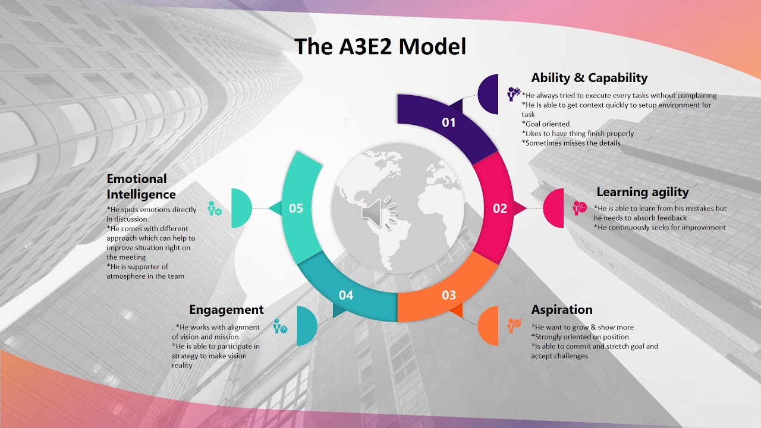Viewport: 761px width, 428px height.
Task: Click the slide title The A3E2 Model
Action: point(380,46)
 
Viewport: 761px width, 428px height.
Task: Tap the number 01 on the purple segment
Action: point(449,122)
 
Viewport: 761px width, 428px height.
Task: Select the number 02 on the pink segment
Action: point(500,208)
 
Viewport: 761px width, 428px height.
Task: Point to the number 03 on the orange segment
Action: point(449,295)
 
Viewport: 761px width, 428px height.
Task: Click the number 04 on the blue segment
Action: point(346,295)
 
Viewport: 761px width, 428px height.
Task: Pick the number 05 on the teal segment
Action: point(295,208)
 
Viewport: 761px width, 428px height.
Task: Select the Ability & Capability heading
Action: point(589,78)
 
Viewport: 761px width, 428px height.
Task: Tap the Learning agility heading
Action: point(642,192)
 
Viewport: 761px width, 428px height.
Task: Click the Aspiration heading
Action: point(562,310)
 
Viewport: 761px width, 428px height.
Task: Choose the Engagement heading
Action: point(226,310)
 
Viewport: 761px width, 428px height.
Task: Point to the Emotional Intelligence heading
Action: point(141,186)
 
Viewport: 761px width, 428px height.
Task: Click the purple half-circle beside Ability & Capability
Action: point(489,94)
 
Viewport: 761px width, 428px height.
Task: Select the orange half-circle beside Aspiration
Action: point(489,325)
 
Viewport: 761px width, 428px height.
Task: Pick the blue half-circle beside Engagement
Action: point(306,325)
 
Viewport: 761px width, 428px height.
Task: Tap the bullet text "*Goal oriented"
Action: point(546,124)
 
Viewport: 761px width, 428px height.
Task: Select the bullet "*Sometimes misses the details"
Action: point(571,143)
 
